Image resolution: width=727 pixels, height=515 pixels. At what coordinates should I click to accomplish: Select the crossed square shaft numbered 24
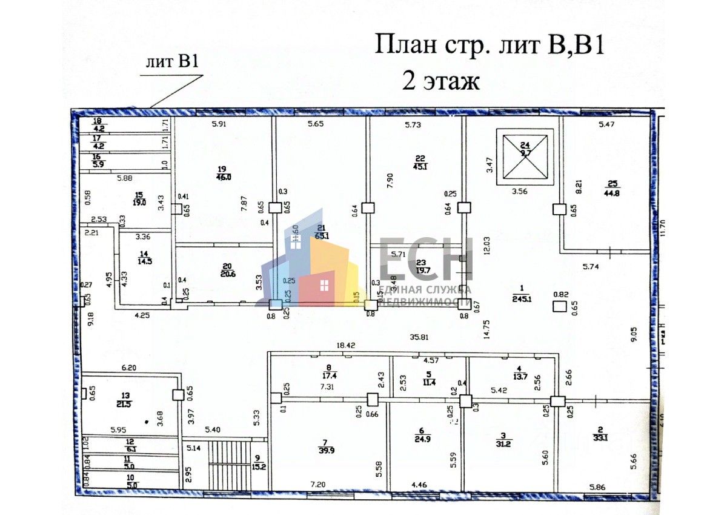pos(525,157)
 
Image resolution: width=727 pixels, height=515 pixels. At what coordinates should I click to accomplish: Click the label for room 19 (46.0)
pos(224,173)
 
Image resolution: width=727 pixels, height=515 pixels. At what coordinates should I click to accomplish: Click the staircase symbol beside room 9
pos(230,463)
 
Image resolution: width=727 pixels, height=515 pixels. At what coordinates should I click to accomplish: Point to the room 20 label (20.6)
pos(227,269)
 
